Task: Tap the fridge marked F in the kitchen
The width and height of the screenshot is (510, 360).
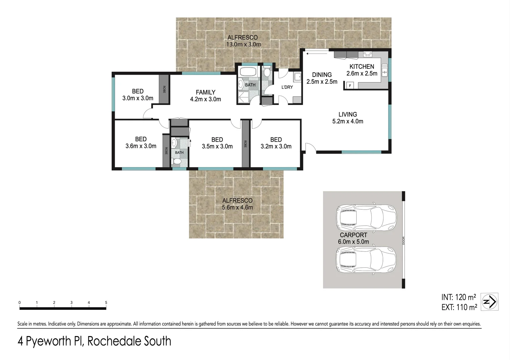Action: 350,86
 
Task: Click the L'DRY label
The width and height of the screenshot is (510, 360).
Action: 287,87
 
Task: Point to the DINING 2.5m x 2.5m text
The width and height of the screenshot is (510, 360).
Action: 322,78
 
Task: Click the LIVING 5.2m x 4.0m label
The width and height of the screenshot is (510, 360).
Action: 348,118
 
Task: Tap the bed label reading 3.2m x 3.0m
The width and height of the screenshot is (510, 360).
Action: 276,143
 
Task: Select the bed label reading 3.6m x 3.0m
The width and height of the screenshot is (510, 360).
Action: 141,143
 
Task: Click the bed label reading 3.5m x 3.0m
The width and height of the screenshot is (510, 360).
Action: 217,143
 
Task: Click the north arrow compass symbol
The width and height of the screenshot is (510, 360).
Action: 490,302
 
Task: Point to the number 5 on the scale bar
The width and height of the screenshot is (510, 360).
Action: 106,303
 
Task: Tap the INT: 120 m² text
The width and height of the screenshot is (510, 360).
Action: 459,297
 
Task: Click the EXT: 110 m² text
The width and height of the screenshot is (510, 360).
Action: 459,307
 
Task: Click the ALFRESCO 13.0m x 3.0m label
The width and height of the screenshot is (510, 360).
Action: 243,41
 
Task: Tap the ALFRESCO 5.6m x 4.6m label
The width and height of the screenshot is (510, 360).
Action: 237,204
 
